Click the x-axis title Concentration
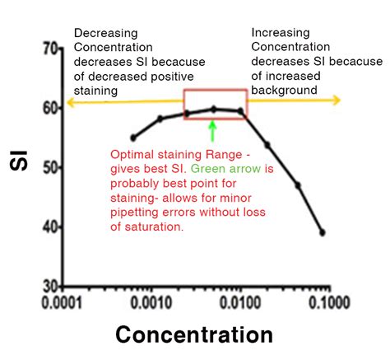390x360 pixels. point(194,334)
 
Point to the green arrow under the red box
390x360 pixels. point(212,129)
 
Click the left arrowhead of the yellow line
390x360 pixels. point(70,101)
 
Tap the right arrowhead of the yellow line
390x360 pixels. point(337,100)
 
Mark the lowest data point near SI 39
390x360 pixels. point(322,232)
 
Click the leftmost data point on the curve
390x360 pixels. point(133,138)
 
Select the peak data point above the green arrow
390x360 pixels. point(213,109)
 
